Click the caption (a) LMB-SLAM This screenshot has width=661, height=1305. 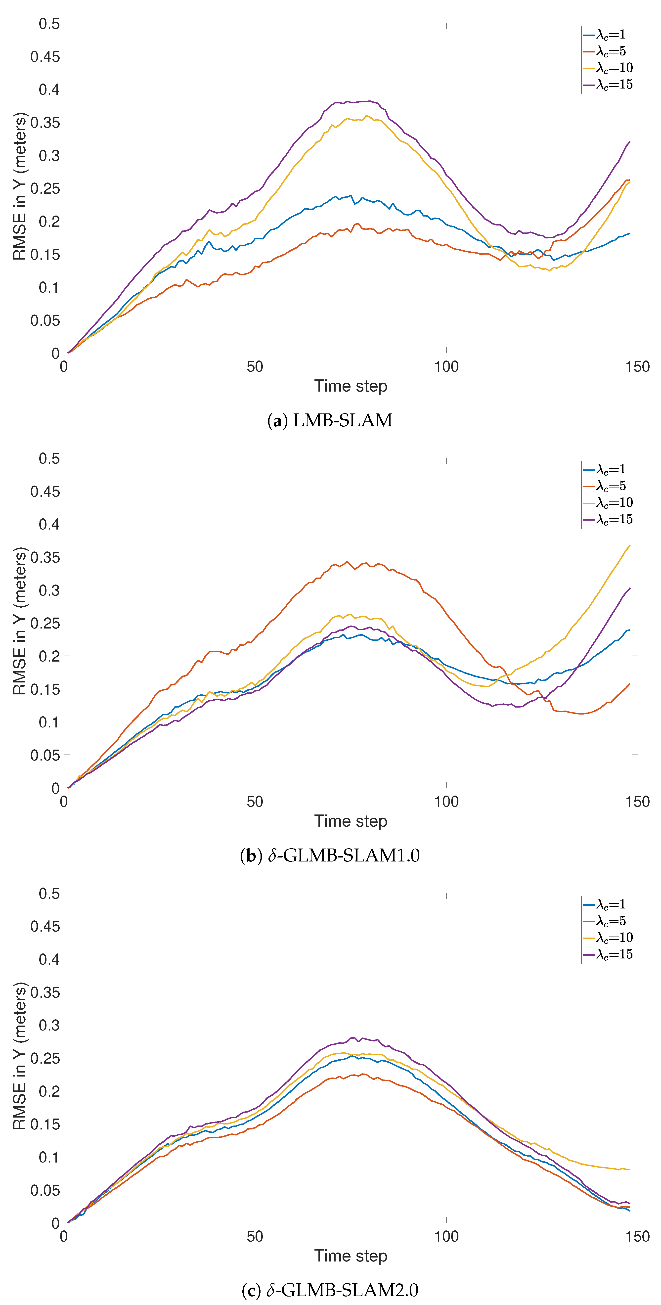330,420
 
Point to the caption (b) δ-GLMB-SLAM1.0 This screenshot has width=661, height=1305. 330,855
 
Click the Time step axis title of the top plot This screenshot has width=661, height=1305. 351,386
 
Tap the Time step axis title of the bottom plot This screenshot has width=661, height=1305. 351,1256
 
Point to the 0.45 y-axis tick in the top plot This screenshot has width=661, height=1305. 45,57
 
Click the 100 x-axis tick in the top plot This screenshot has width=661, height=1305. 446,367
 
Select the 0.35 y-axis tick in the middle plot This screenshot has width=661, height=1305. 45,557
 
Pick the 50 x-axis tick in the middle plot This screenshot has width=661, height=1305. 255,802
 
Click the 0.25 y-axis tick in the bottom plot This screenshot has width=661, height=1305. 45,1058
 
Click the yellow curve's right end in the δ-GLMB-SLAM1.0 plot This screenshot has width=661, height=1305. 630,546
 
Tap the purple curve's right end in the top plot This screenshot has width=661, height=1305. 630,142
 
